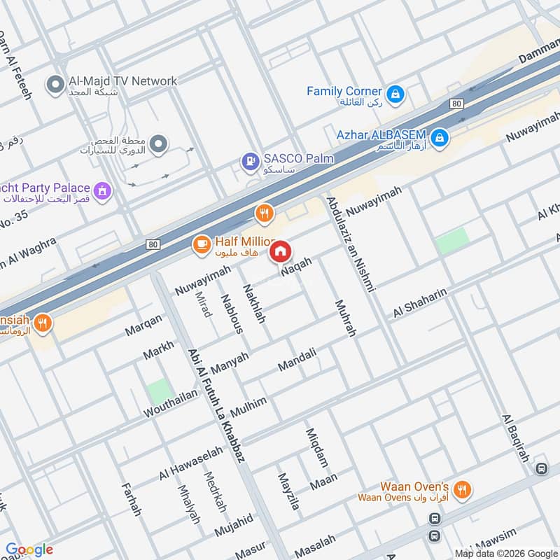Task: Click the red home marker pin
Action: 280,251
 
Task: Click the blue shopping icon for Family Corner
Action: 395,92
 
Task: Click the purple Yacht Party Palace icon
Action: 103,190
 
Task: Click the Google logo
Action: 29,549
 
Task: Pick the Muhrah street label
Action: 346,318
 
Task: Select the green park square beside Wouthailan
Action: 160,391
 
